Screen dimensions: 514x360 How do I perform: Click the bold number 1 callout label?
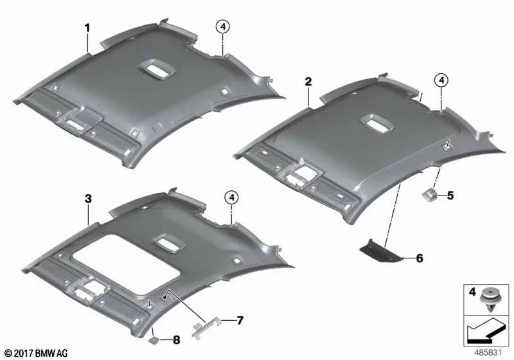[x=87, y=28]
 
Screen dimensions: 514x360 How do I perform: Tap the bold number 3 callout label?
[x=88, y=199]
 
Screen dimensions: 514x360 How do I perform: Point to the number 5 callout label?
[x=450, y=195]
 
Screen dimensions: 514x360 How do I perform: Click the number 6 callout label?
[x=420, y=258]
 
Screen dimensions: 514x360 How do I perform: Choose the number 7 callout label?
[x=240, y=320]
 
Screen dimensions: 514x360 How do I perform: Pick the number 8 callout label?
[x=176, y=340]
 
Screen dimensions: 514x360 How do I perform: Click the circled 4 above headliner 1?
[x=223, y=27]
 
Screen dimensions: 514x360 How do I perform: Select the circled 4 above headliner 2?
[x=441, y=80]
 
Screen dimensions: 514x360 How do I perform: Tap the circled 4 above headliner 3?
[x=232, y=197]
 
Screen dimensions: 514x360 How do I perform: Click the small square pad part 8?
[x=154, y=340]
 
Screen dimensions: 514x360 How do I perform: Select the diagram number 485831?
[x=488, y=352]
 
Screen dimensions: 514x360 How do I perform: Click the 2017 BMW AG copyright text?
[x=37, y=353]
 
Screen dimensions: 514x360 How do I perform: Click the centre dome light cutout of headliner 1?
[x=157, y=69]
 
